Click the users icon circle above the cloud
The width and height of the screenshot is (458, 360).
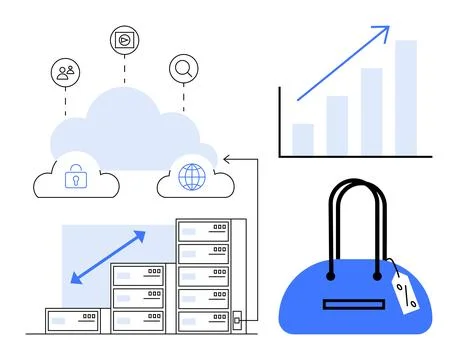[66, 72]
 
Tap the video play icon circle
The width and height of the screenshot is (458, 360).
[125, 40]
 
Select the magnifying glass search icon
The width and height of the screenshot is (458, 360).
[184, 68]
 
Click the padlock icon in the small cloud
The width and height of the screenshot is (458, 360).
[74, 178]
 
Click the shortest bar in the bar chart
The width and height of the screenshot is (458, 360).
[303, 139]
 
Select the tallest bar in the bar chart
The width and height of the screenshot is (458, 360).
[405, 98]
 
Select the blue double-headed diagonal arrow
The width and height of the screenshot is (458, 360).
[108, 256]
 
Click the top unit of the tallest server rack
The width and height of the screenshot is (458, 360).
[204, 231]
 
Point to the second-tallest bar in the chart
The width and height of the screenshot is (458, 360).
[371, 111]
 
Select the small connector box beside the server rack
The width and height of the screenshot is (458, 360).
[238, 322]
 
